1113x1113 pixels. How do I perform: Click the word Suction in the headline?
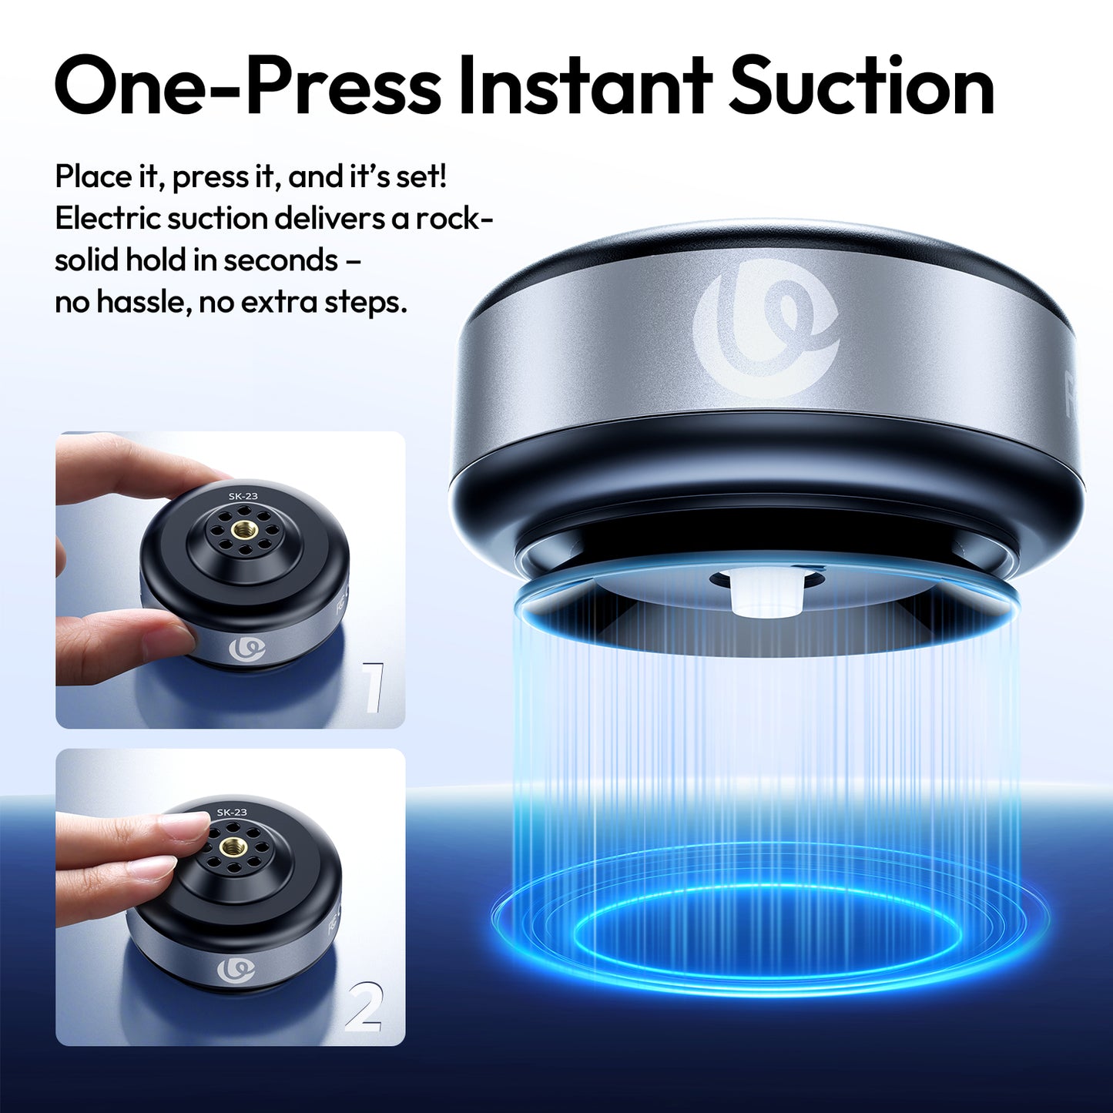[861, 86]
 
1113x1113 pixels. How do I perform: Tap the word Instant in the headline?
[585, 86]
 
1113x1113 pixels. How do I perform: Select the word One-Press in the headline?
[246, 86]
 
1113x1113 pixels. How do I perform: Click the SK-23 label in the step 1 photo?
[243, 496]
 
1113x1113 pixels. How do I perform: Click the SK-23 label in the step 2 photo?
[232, 813]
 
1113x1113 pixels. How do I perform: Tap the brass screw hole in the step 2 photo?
[230, 847]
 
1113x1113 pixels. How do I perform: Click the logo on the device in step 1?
[247, 649]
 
